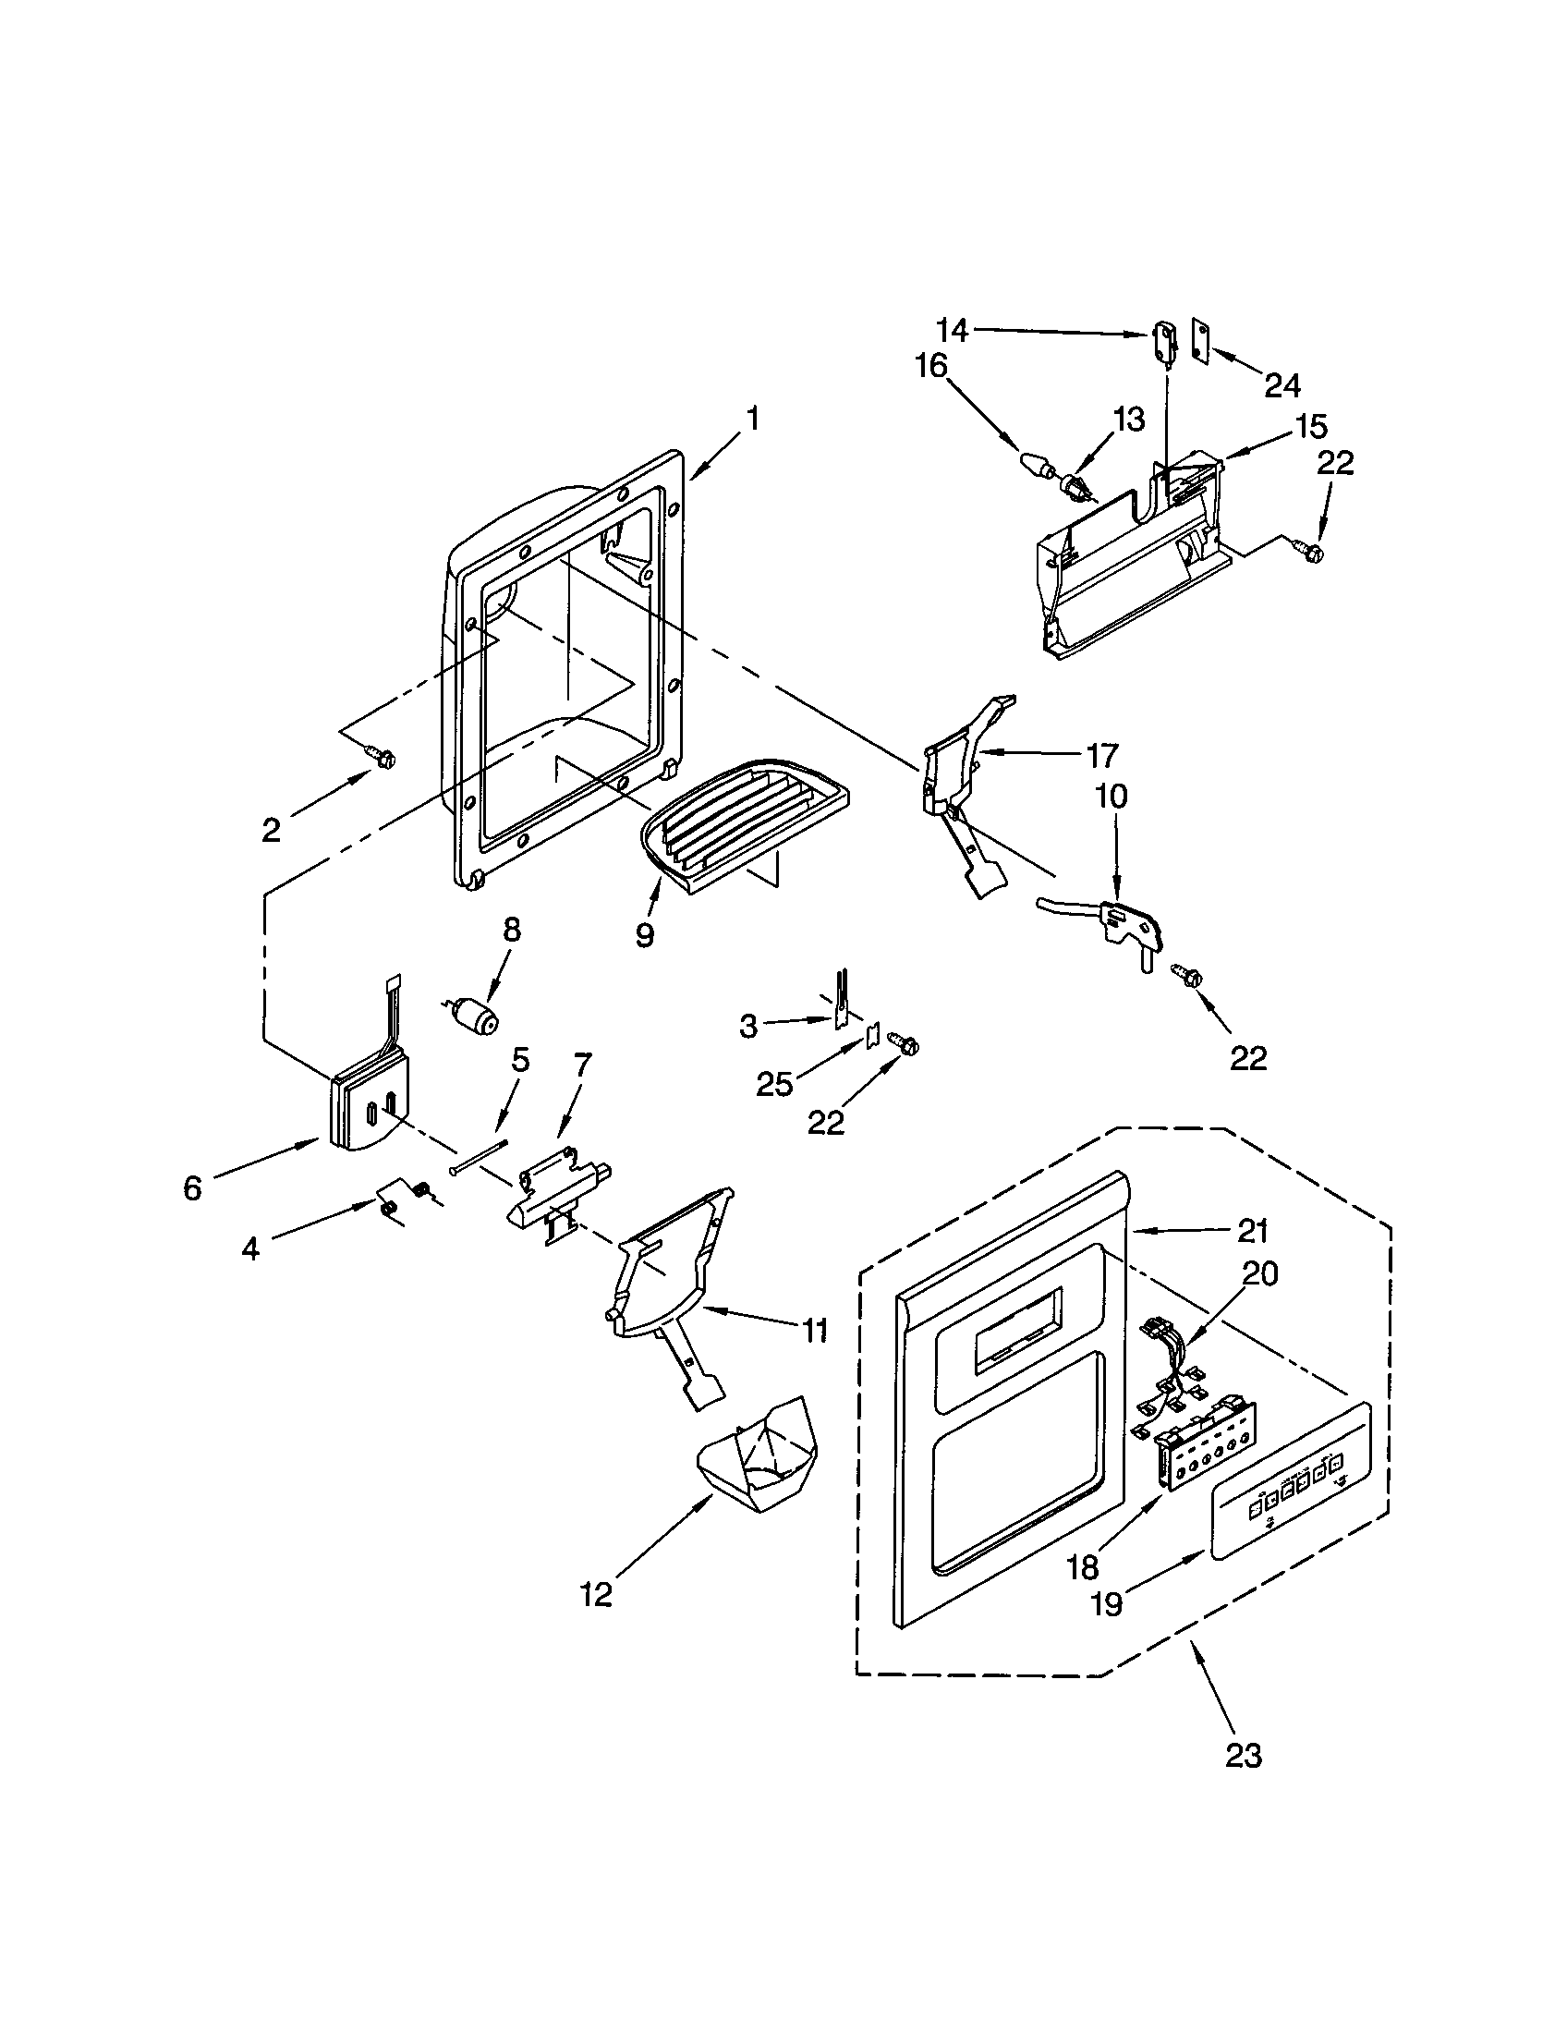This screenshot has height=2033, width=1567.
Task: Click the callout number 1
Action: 752,419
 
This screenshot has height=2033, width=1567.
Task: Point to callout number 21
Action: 1253,1231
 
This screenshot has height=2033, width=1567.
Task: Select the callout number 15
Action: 1310,426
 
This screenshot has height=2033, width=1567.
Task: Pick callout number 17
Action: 1101,755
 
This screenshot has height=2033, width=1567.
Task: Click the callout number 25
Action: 774,1084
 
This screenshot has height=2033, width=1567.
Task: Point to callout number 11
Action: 815,1331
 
